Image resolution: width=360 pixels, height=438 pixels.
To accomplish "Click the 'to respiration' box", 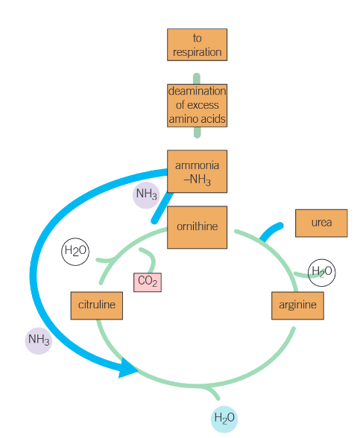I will point(197,45).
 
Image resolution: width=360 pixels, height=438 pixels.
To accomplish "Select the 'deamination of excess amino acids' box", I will point(197,105).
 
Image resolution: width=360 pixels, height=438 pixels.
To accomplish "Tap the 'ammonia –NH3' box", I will point(197,171).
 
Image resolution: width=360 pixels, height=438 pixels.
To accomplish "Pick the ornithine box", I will point(198,226).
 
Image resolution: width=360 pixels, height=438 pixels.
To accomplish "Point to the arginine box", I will point(297,305).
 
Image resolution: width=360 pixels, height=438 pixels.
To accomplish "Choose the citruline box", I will point(97,305).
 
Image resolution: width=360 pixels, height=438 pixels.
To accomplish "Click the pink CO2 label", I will point(148,282).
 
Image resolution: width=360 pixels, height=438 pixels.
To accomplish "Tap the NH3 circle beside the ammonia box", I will point(146,195).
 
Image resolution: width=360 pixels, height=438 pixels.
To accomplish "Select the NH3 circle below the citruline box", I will point(38,340).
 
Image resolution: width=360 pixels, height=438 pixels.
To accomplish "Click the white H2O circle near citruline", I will point(75,252).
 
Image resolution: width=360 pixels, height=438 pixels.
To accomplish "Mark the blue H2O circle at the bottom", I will point(224,419).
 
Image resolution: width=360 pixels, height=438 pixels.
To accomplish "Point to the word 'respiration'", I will point(197,52).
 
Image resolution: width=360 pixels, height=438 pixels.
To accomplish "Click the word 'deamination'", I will point(197,92).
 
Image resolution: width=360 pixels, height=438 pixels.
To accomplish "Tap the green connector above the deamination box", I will point(197,78).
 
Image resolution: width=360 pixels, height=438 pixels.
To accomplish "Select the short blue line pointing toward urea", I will point(271,231).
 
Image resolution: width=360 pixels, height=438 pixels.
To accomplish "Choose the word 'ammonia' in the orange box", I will point(197,164).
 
